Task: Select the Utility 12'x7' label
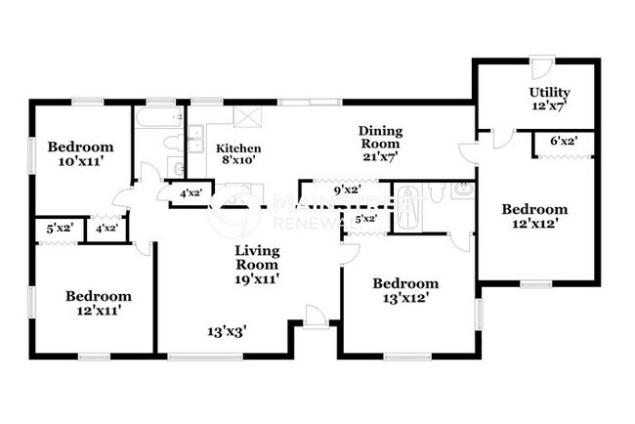(x=549, y=99)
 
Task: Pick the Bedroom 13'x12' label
(x=405, y=291)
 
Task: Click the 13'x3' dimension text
(x=226, y=330)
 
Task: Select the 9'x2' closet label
(x=347, y=191)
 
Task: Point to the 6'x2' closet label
(x=563, y=142)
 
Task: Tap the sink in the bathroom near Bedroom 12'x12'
(x=462, y=190)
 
